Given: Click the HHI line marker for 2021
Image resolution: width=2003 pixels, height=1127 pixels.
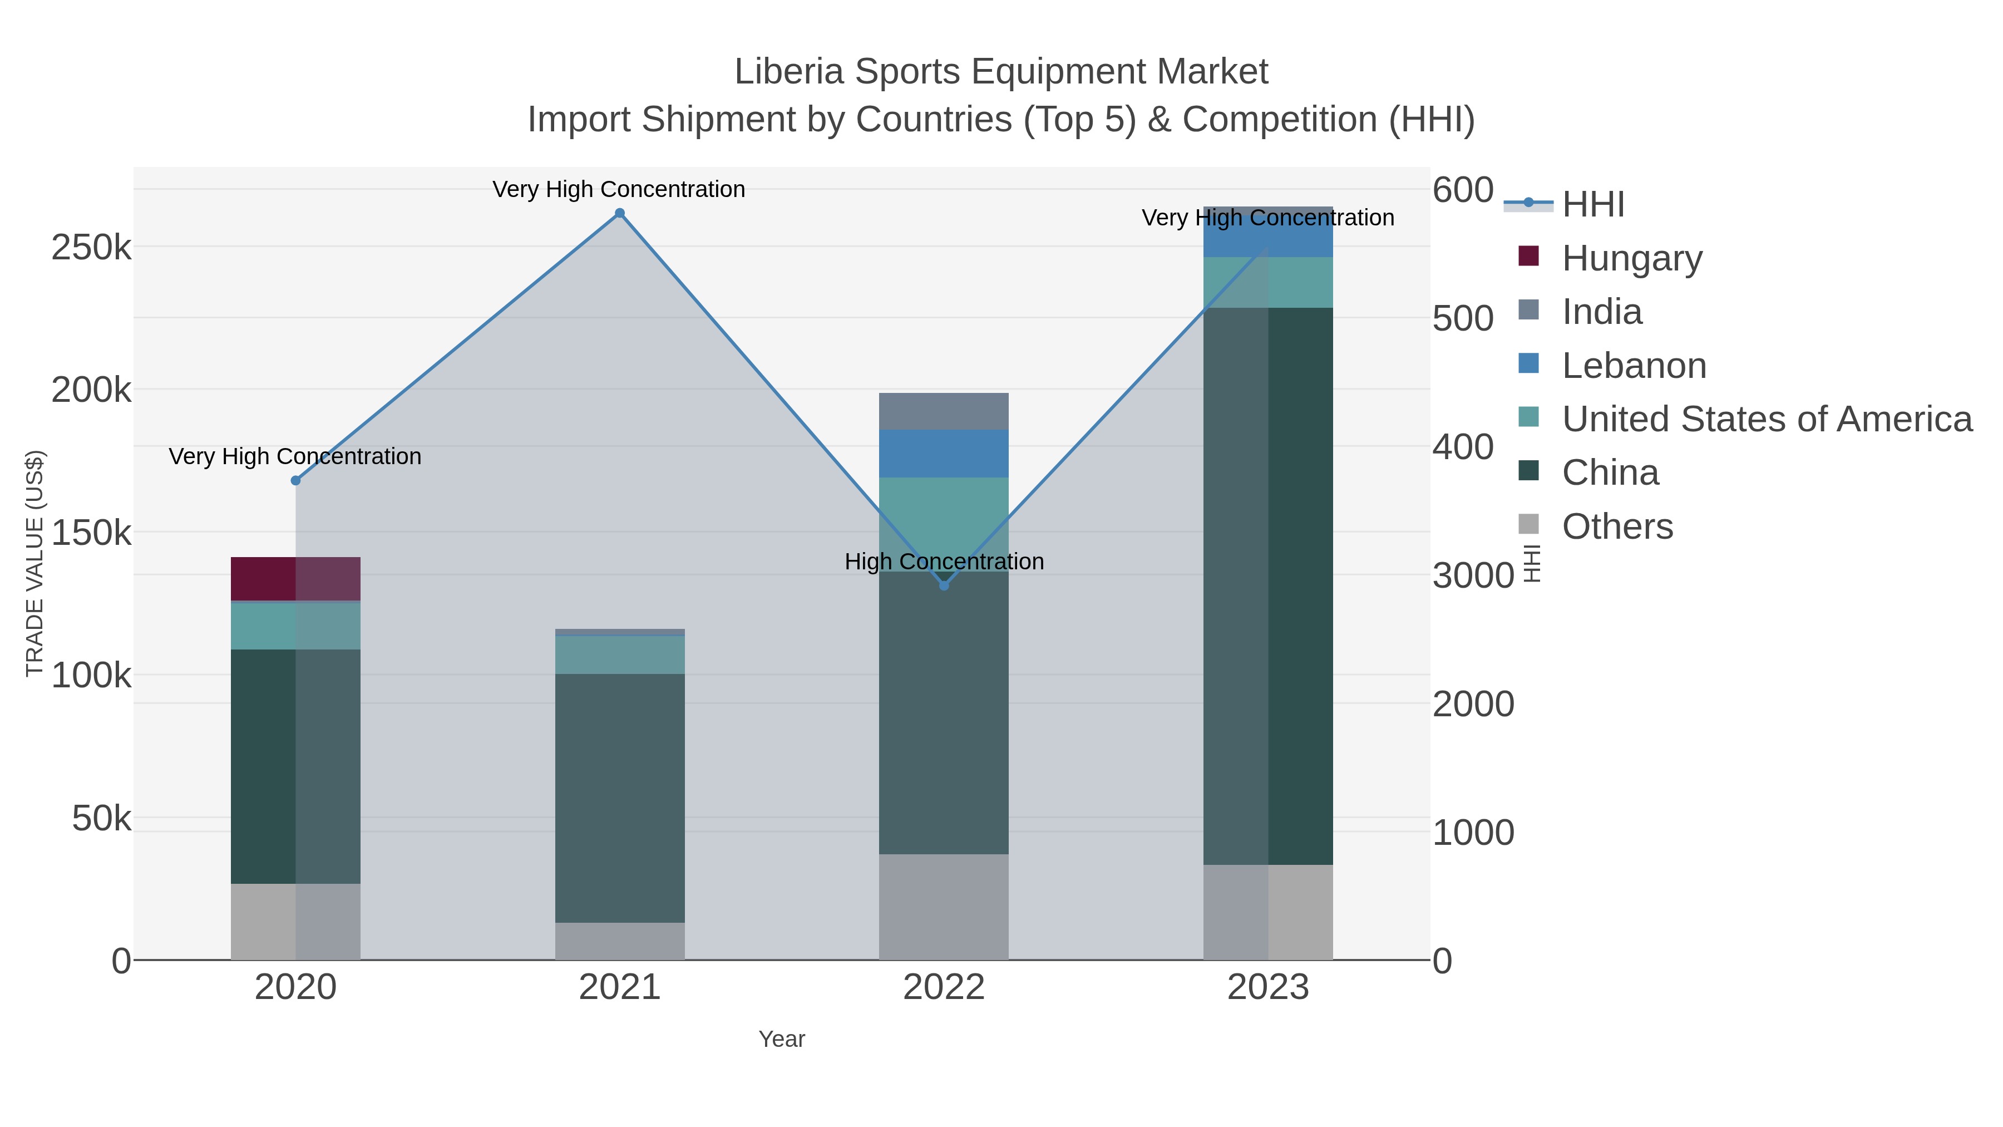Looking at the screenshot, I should pyautogui.click(x=620, y=213).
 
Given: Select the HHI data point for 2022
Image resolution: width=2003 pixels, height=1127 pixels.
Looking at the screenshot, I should pyautogui.click(x=944, y=585).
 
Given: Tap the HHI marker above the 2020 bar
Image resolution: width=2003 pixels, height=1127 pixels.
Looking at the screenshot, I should pyautogui.click(x=295, y=481).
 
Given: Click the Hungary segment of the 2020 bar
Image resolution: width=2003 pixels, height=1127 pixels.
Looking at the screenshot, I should pyautogui.click(x=295, y=579).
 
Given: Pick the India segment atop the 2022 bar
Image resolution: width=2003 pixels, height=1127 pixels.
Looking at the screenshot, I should pyautogui.click(x=944, y=411).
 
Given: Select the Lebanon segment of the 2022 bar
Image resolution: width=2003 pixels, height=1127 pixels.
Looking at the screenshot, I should pyautogui.click(x=944, y=454).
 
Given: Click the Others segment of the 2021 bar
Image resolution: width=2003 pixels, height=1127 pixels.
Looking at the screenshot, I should pyautogui.click(x=620, y=941).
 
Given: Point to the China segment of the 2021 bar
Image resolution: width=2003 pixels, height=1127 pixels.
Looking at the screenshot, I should pyautogui.click(x=620, y=797).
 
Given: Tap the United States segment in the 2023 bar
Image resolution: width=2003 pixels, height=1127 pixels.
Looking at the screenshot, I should pyautogui.click(x=1268, y=282).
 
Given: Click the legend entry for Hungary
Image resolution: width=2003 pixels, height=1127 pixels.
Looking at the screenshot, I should pyautogui.click(x=1631, y=258).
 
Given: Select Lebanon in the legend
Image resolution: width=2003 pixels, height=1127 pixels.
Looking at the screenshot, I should pyautogui.click(x=1634, y=366).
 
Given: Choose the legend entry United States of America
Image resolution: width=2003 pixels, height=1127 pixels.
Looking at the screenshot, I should pyautogui.click(x=1766, y=419).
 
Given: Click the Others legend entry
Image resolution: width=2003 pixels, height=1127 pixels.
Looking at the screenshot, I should pyautogui.click(x=1616, y=526).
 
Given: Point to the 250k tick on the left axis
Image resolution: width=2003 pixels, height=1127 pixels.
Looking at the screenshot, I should pyautogui.click(x=92, y=248).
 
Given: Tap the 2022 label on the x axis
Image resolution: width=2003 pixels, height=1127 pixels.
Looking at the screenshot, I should pyautogui.click(x=944, y=988).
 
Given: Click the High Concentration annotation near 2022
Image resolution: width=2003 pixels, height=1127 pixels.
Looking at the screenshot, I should pyautogui.click(x=944, y=562).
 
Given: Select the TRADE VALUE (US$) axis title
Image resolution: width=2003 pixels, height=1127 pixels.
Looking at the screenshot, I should pyautogui.click(x=35, y=563).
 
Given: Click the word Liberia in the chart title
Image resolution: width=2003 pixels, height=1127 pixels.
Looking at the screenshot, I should pyautogui.click(x=788, y=72).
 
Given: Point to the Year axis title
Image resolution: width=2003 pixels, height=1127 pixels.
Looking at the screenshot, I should pyautogui.click(x=782, y=1039).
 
